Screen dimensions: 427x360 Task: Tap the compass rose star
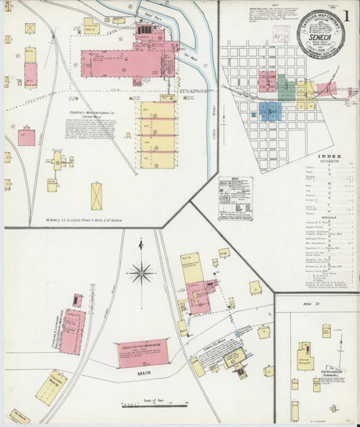click(x=142, y=272)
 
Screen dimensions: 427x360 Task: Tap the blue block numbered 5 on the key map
click(x=269, y=111)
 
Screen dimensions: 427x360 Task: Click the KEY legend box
click(x=240, y=196)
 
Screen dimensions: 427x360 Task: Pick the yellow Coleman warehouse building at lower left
click(x=52, y=387)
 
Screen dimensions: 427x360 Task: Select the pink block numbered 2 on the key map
click(x=268, y=84)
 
